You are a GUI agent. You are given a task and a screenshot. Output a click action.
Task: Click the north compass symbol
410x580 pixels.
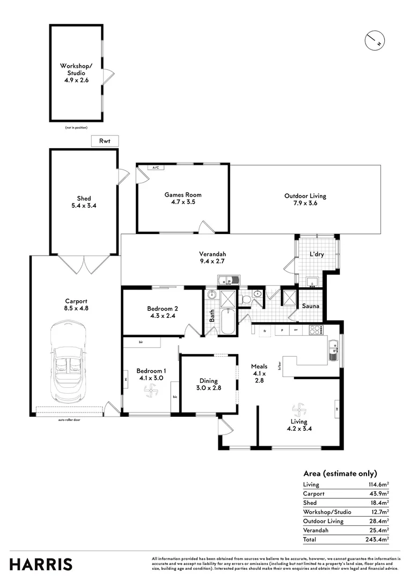374,41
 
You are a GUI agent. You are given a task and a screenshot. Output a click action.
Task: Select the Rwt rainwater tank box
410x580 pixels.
104,141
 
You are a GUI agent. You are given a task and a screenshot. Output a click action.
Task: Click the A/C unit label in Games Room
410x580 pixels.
156,168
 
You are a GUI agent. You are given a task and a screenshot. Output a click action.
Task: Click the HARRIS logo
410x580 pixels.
41,564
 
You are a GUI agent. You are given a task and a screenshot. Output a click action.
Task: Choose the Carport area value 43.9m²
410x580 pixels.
379,494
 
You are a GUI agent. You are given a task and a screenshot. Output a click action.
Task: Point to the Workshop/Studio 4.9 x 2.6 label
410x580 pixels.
76,73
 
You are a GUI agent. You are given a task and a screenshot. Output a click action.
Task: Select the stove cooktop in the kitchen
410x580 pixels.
315,330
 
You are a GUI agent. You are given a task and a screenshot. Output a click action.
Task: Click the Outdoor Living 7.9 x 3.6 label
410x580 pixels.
305,199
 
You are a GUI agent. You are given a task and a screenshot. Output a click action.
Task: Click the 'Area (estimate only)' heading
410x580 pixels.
340,473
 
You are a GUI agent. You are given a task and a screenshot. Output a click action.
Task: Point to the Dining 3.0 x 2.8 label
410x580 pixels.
208,384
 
